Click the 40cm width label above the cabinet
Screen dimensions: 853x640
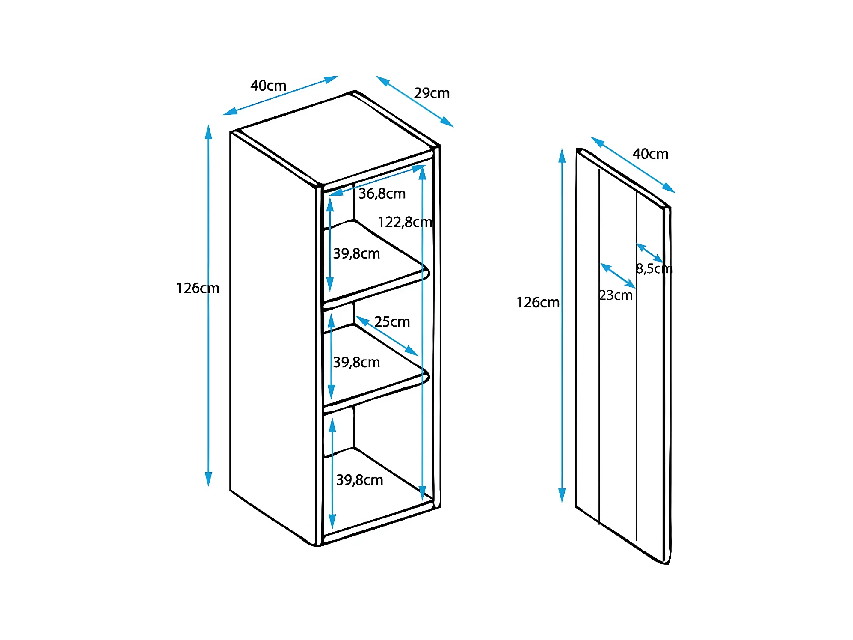pos(268,86)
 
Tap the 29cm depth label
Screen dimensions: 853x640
pos(432,93)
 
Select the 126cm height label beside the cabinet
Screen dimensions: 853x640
pos(198,288)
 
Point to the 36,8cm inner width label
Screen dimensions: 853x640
pos(382,194)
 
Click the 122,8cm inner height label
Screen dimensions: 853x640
pos(405,222)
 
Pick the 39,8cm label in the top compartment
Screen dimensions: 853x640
pos(356,254)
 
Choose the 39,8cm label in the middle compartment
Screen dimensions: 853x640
pos(356,363)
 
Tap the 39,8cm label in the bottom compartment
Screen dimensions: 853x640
pos(359,480)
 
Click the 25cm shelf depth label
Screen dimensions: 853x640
pos(392,322)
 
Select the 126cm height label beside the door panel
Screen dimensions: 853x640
pos(538,303)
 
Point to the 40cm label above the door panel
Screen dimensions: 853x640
pos(650,154)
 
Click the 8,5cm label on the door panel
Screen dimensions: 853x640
pos(654,269)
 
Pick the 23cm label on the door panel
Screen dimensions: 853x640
pos(616,295)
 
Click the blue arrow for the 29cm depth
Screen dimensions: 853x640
pos(415,101)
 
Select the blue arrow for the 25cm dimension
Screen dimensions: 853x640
pos(387,336)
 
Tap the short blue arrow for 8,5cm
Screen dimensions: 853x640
pos(649,253)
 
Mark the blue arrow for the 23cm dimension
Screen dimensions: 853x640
pos(618,276)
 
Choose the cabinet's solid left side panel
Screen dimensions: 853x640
pos(274,338)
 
